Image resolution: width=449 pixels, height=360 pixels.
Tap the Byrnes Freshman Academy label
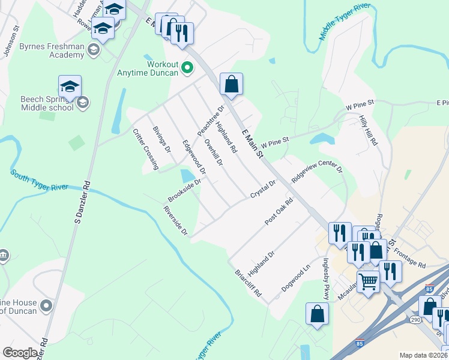(x=52, y=50)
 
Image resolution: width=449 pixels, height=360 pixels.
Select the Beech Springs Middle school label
(x=47, y=103)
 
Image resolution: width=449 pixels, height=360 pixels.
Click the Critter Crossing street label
(x=145, y=149)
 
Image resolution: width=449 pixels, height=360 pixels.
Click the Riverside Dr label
(x=175, y=220)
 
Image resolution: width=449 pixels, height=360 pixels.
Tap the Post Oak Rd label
(x=279, y=212)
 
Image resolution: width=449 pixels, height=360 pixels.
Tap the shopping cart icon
(x=369, y=280)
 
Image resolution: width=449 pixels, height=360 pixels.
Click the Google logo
(x=20, y=353)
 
